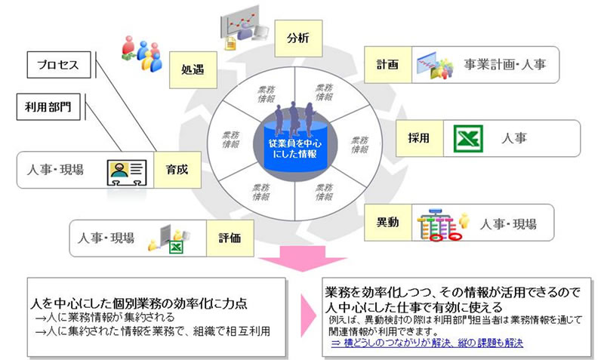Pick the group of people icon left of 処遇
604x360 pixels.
(140, 54)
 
